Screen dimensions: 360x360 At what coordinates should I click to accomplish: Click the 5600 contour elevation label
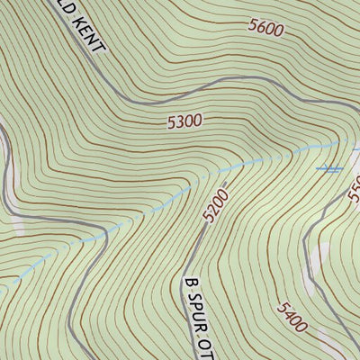point(265,29)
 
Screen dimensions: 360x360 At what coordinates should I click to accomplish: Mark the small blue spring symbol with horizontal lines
point(329,168)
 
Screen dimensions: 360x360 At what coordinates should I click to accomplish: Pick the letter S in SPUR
point(192,299)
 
